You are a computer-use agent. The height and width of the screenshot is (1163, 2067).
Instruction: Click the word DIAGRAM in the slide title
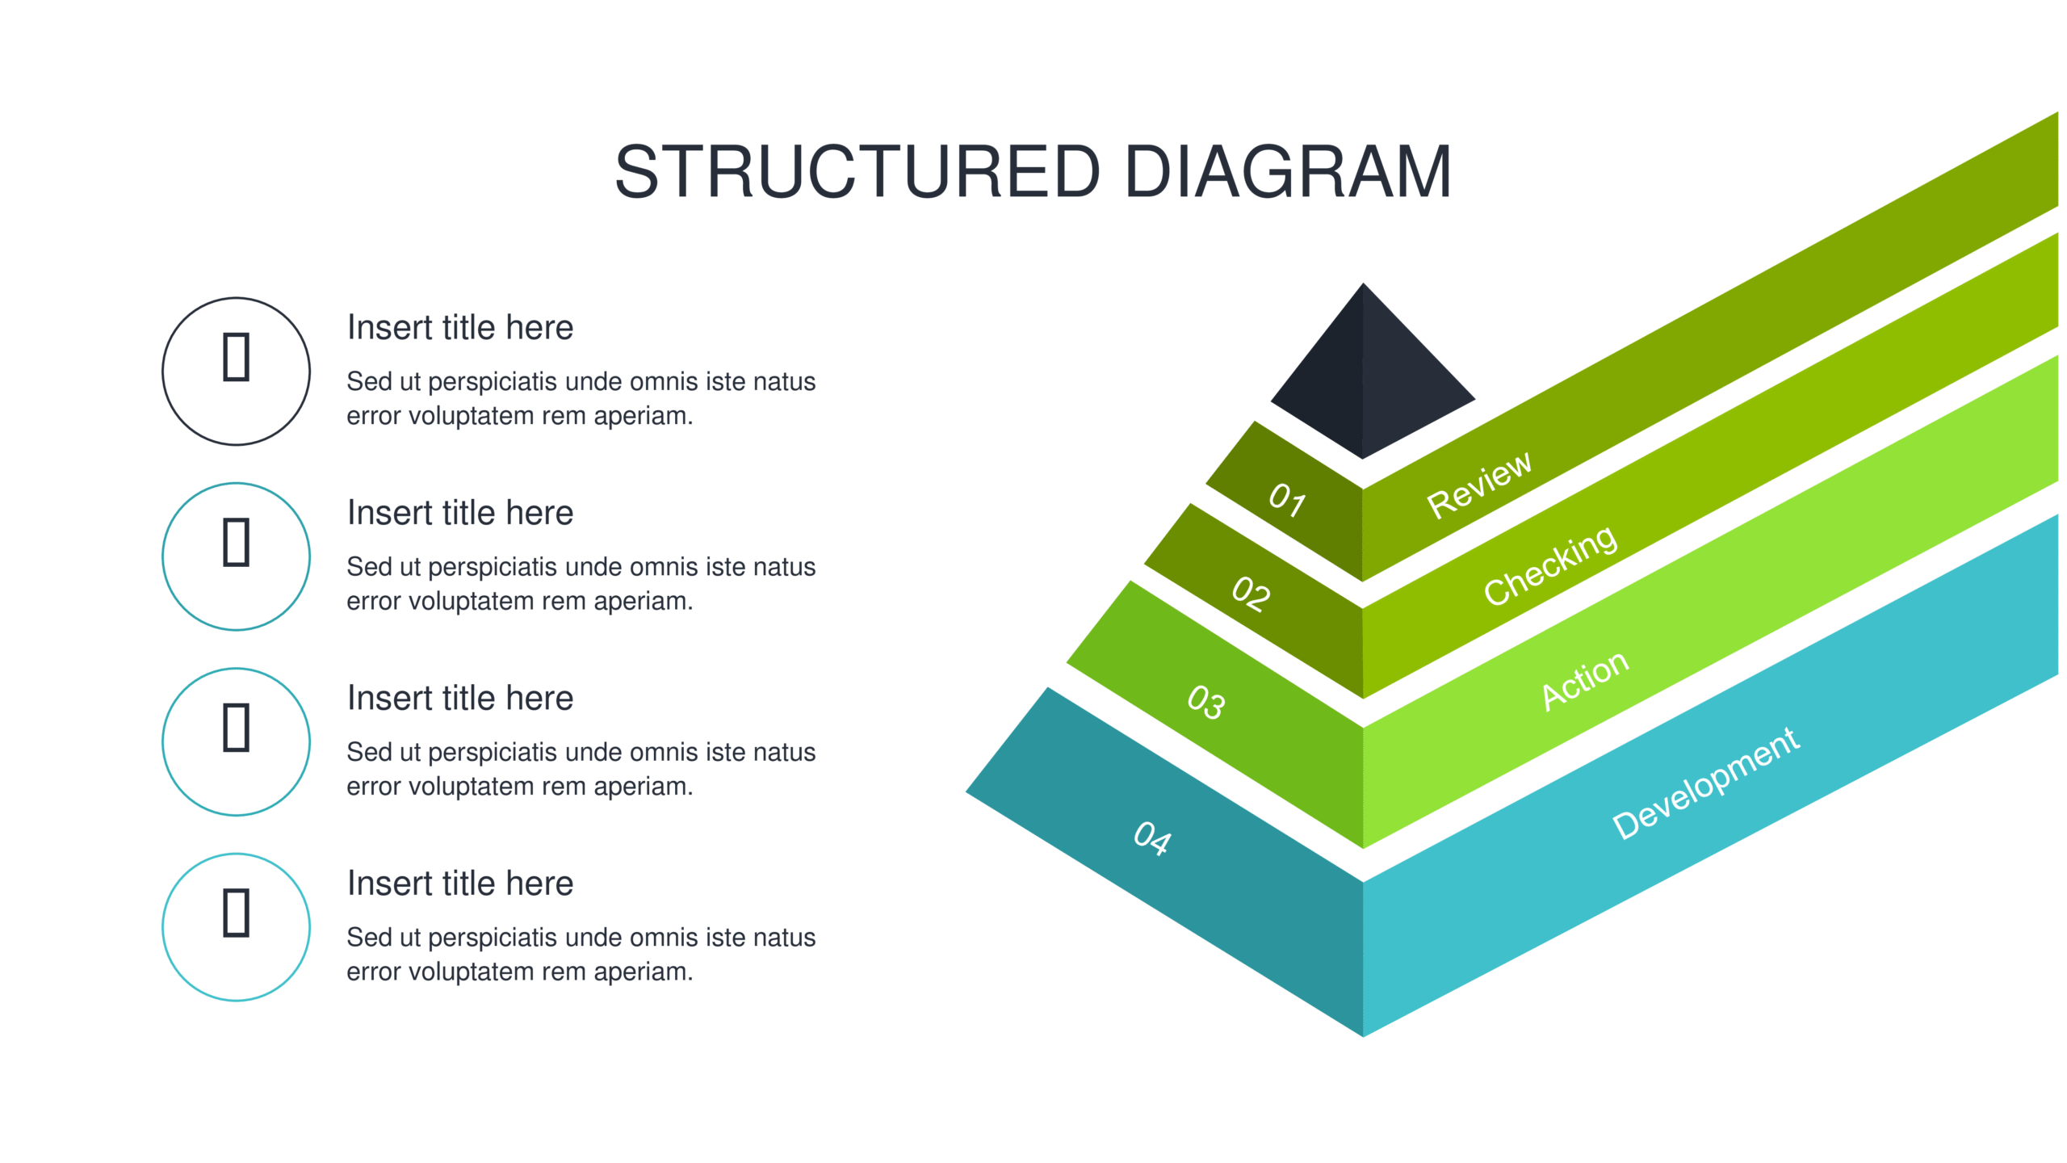click(x=1289, y=171)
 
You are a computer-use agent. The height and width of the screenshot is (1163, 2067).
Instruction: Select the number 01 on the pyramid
click(x=1287, y=500)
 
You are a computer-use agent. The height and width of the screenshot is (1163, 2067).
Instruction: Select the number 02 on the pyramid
click(x=1251, y=594)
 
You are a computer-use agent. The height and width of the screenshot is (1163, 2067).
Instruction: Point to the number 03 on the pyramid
click(x=1206, y=701)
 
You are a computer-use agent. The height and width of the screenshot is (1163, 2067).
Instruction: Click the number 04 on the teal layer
click(x=1152, y=838)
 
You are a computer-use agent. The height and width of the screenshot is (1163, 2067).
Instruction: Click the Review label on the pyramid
click(x=1479, y=485)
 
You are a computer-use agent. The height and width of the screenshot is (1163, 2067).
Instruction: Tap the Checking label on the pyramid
click(x=1550, y=565)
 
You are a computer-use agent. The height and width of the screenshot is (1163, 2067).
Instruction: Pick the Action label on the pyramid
click(x=1585, y=680)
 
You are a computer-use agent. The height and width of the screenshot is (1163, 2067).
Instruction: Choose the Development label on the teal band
click(x=1706, y=783)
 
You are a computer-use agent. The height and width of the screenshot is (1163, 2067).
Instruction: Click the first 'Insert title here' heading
click(x=460, y=327)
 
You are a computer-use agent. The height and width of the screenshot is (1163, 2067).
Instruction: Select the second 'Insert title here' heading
click(x=460, y=512)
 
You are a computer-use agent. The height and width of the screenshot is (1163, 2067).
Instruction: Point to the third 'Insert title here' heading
click(x=460, y=698)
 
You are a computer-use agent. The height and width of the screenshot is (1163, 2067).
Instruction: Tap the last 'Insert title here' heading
click(x=460, y=883)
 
